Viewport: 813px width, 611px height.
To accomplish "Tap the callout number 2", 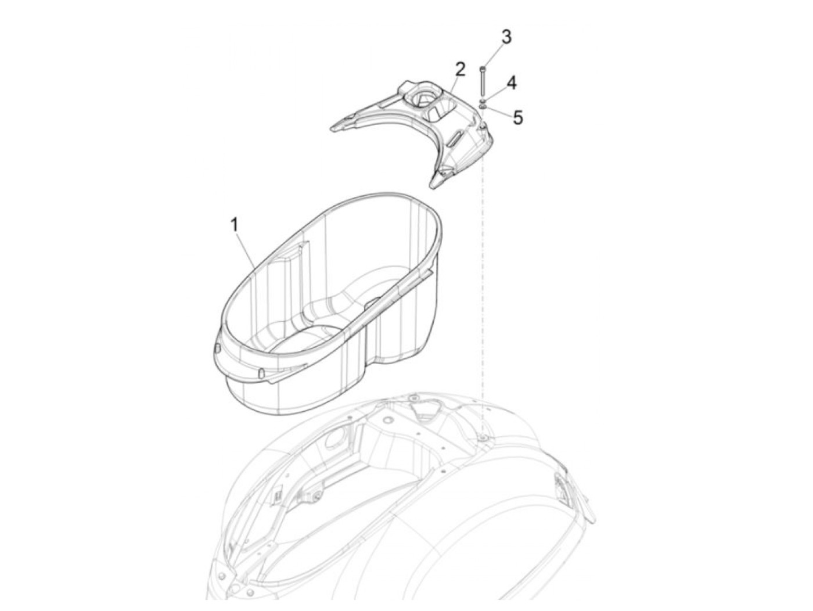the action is pos(460,70).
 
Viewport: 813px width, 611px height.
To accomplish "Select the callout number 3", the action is pos(506,37).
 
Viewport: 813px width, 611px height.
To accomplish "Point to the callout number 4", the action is pos(511,83).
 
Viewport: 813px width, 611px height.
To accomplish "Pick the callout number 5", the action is pos(517,117).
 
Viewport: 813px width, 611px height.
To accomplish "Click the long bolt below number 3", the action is pos(482,81).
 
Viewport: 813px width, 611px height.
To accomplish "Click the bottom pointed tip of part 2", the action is pos(433,184).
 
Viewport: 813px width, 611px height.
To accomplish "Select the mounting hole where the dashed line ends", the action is pos(483,436).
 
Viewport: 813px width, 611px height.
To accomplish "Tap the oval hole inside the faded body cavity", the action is pos(334,440).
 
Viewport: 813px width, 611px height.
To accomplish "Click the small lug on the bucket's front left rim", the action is pos(217,347).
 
